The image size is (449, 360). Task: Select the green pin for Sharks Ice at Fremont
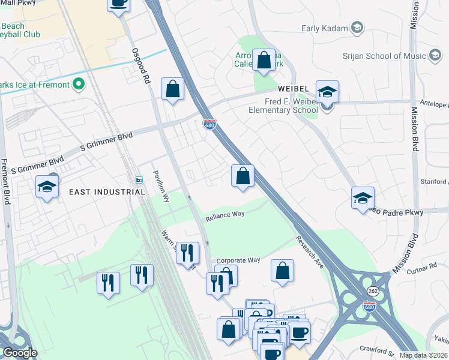click(78, 85)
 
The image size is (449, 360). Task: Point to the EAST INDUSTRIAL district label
click(107, 192)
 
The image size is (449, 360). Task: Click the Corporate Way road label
click(238, 260)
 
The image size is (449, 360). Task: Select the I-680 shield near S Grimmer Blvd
click(209, 124)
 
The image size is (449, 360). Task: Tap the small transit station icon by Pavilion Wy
click(139, 180)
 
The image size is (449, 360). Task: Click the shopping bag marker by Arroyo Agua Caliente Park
click(264, 61)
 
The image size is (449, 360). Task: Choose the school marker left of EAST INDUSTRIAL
click(47, 187)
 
